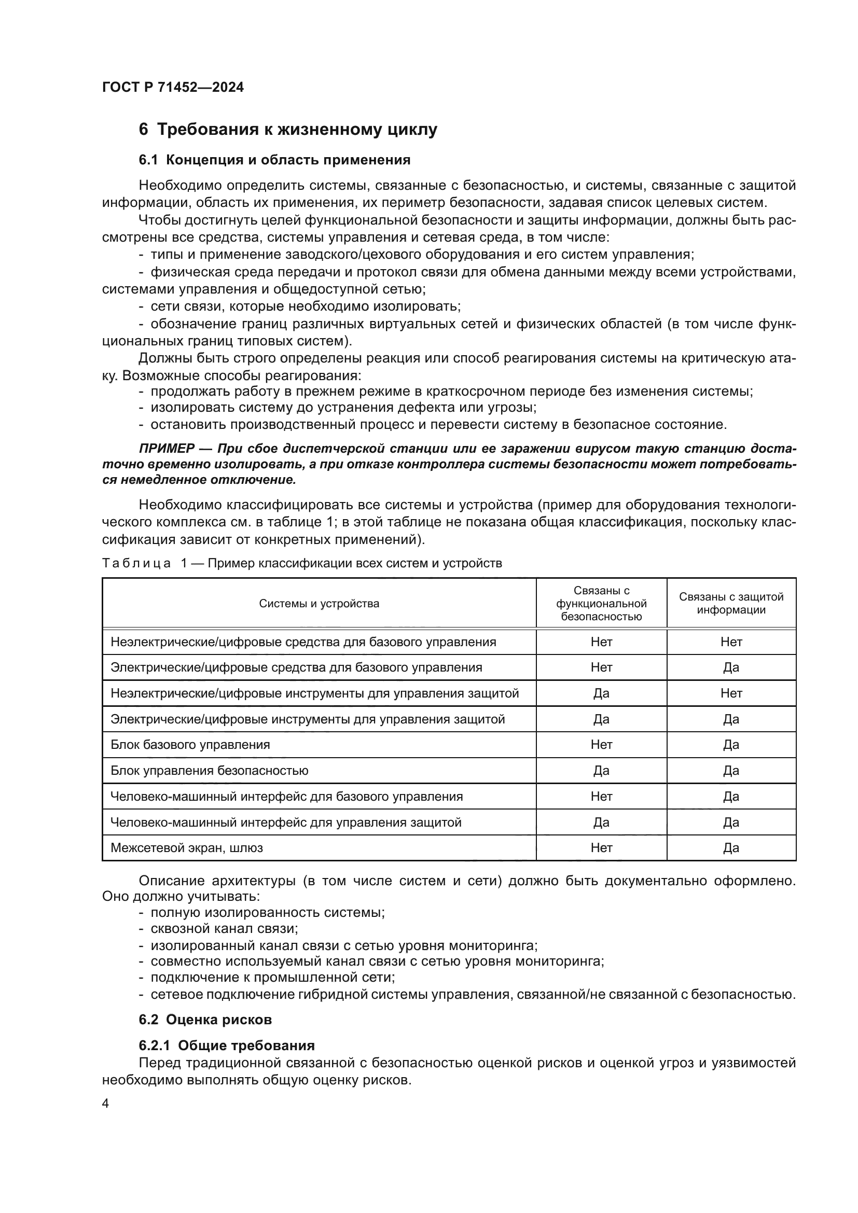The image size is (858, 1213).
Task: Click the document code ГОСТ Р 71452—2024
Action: coord(173,87)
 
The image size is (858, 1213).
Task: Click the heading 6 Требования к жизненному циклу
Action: coord(288,130)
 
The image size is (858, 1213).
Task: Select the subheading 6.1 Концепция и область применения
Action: coord(275,160)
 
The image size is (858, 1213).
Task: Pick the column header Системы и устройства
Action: coord(319,603)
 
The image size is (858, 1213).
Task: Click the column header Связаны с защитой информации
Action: coord(731,603)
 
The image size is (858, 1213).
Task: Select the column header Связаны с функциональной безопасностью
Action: coord(601,603)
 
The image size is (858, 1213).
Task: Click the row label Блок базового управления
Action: coord(190,744)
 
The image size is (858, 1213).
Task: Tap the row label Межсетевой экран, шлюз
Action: coord(187,847)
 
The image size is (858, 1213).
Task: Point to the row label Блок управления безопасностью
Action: coord(209,770)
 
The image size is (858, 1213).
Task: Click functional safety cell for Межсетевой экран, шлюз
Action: coord(601,847)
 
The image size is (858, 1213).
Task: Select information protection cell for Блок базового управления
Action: coord(731,744)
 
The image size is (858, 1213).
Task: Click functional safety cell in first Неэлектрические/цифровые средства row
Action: coord(601,642)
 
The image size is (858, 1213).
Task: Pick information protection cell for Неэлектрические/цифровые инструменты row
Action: coord(731,693)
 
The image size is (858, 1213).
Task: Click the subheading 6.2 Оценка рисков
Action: coord(205,1020)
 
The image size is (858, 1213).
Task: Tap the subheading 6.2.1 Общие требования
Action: coord(227,1045)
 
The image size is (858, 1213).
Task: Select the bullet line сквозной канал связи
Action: coord(224,928)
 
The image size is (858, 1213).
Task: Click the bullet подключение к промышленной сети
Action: coord(273,977)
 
